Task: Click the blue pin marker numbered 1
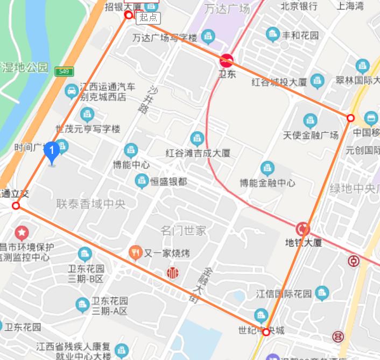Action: pos(52,152)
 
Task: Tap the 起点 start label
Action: pos(148,17)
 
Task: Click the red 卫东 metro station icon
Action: pos(227,60)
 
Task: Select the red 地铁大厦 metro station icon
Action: pos(304,229)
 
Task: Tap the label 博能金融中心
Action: pos(268,183)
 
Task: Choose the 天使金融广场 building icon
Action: pos(310,121)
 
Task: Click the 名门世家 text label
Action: pos(184,231)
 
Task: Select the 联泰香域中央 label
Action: pos(91,204)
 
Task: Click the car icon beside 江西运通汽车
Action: pos(71,91)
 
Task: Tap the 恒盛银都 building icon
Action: pos(142,181)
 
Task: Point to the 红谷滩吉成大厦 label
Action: pos(198,153)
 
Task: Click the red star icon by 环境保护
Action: pos(22,233)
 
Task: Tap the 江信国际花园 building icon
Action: pos(321,293)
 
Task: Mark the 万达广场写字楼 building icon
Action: pos(208,37)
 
